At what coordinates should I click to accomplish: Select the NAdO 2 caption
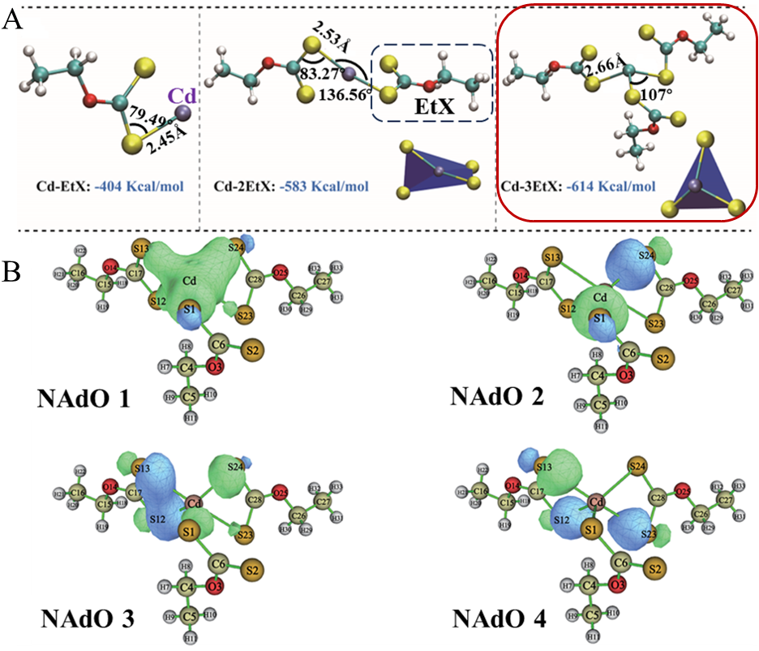[x=497, y=395]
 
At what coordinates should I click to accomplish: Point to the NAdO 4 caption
[x=500, y=620]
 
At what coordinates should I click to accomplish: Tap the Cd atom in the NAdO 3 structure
[x=194, y=503]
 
